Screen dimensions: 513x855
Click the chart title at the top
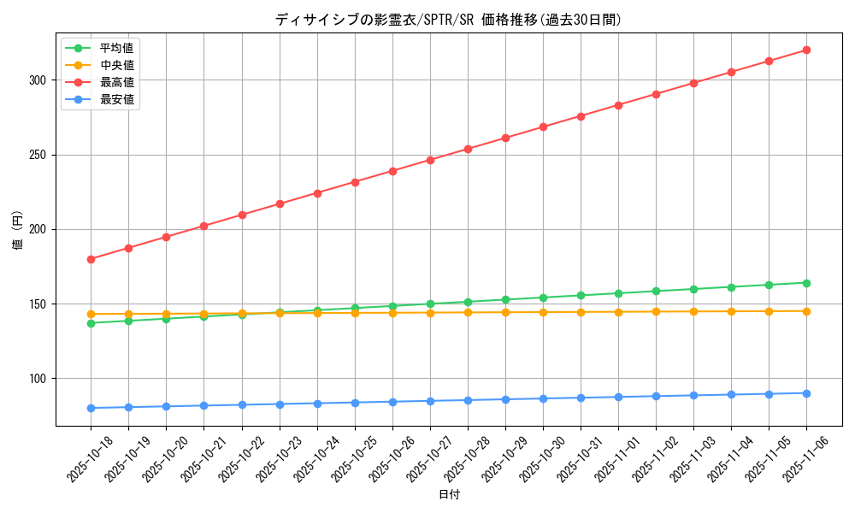tap(448, 20)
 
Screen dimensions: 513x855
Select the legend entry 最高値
tap(116, 82)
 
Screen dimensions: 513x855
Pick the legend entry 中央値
tap(116, 65)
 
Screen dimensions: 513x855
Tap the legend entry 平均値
tap(116, 48)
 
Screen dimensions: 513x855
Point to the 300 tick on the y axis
tap(39, 80)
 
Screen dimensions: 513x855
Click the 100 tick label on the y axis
tap(39, 379)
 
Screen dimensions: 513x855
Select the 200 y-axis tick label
tap(39, 229)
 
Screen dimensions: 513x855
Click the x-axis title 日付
tap(449, 495)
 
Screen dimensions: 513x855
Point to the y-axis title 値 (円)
tap(18, 230)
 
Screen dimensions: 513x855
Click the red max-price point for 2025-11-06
tap(806, 50)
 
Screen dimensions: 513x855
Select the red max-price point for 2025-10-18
tap(91, 259)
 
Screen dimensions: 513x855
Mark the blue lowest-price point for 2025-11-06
tap(806, 393)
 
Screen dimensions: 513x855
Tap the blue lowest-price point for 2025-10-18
tap(91, 408)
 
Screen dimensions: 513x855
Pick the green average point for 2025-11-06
tap(806, 283)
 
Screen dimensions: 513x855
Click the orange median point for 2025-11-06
tap(806, 311)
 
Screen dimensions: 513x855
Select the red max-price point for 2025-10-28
tap(468, 149)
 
